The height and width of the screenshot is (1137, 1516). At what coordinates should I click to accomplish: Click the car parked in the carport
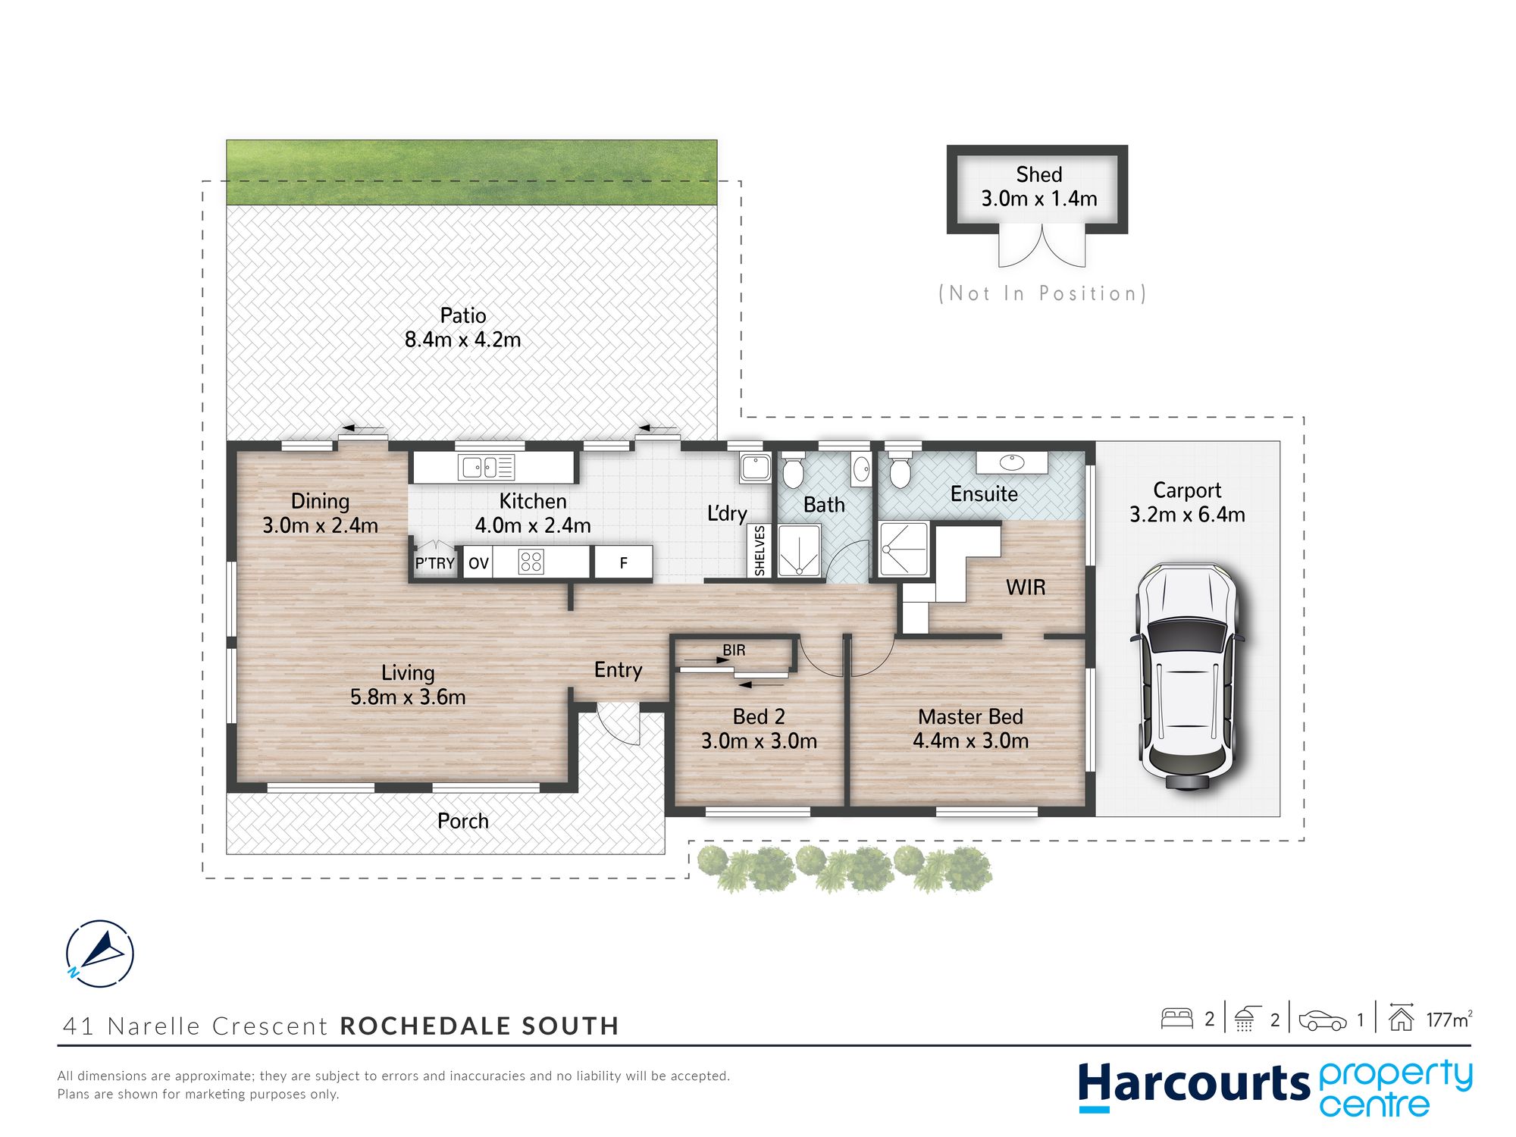(1187, 678)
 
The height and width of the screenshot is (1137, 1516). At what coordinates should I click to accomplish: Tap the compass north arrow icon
(99, 954)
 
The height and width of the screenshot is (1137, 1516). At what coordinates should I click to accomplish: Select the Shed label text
(1038, 174)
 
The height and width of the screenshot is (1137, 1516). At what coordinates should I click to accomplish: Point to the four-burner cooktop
(531, 562)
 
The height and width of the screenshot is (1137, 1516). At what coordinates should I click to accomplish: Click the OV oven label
(478, 563)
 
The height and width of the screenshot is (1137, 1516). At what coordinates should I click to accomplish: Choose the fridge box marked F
(623, 562)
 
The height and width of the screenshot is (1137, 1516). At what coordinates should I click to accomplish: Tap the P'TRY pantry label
(434, 563)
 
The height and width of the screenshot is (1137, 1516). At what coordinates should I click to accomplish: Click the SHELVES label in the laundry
(760, 551)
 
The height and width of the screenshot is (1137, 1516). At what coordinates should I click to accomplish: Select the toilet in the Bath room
(792, 470)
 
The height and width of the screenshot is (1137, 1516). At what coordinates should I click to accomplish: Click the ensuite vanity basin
(1011, 462)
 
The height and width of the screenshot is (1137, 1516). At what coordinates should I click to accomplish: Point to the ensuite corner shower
(904, 549)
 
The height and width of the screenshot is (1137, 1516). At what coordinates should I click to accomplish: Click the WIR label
(1026, 587)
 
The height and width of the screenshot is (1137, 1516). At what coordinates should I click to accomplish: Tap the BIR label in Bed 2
(734, 650)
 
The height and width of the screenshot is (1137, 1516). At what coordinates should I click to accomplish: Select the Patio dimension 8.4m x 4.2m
(462, 340)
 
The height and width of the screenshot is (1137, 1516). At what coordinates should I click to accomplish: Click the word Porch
(462, 821)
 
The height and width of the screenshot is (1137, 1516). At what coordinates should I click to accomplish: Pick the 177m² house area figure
(1449, 1019)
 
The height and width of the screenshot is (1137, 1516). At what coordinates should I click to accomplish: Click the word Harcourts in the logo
(1194, 1085)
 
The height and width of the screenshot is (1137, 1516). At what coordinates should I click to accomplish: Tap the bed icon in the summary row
(1176, 1018)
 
